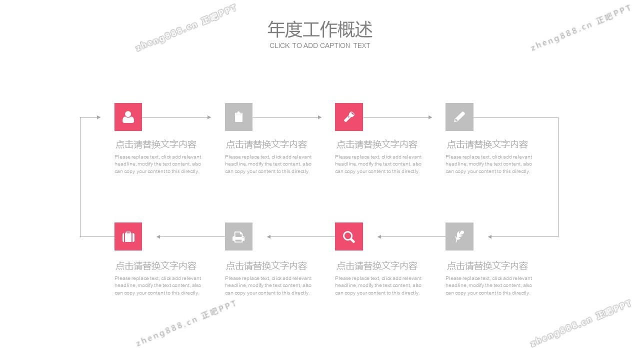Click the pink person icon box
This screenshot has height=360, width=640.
tap(128, 117)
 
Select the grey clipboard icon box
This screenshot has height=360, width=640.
tap(238, 117)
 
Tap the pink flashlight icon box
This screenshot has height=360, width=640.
tap(349, 117)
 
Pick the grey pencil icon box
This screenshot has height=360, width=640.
tap(459, 117)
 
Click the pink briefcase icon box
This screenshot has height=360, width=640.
tap(128, 236)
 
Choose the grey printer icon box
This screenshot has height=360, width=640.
tap(238, 236)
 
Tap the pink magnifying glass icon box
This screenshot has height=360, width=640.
tap(349, 236)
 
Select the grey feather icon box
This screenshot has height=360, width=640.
tap(459, 236)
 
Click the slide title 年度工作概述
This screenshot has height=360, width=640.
tap(320, 29)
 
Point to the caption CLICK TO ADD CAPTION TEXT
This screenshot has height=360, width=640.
tap(319, 45)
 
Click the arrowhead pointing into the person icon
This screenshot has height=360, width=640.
tap(99, 117)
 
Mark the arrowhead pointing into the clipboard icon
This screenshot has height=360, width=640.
tap(209, 117)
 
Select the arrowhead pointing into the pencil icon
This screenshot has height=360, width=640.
tap(430, 117)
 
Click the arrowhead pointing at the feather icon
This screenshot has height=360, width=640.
tap(489, 236)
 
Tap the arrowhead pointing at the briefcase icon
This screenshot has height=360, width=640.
tap(158, 236)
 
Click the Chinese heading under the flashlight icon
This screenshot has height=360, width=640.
tap(377, 144)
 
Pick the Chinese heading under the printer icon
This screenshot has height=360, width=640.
tap(266, 266)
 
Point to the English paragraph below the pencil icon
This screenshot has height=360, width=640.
tap(488, 164)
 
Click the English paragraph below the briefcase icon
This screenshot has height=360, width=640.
tap(157, 285)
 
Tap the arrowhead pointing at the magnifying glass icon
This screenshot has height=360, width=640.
tap(379, 236)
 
